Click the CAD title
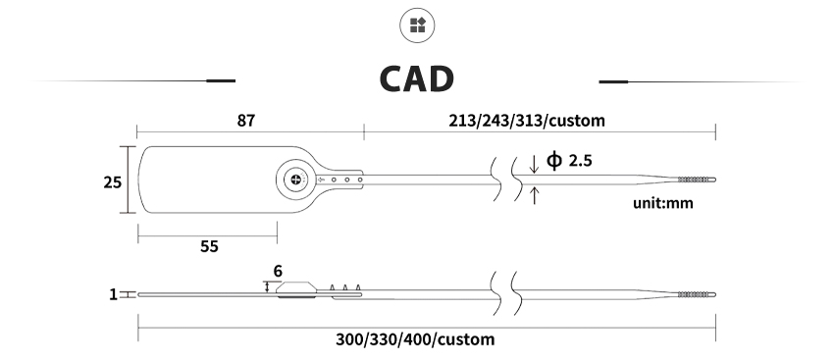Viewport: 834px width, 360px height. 416,78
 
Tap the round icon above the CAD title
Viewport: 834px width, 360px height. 418,25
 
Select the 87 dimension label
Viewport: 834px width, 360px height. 245,121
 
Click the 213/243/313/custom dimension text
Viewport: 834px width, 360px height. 527,121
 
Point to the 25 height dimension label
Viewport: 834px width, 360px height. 112,182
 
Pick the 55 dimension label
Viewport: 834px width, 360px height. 209,246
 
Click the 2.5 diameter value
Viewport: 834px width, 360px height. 580,160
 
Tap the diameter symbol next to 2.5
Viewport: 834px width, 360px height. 554,160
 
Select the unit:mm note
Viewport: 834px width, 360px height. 662,203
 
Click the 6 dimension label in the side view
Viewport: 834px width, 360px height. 278,271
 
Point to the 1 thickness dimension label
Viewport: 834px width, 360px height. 113,294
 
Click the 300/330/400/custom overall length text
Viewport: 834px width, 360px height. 415,339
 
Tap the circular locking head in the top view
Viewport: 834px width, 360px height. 296,180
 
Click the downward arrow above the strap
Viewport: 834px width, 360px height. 534,163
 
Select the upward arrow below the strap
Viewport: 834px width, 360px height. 534,195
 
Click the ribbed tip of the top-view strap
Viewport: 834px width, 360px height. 697,180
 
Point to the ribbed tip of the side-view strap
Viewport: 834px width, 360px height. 697,294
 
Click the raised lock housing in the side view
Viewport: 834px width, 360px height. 296,289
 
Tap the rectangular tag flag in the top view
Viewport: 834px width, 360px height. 207,180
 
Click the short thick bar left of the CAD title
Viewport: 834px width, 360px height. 221,80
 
